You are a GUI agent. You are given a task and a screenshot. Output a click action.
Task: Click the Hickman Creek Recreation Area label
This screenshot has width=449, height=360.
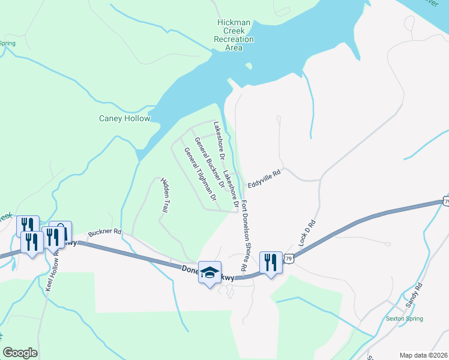[x=234, y=35]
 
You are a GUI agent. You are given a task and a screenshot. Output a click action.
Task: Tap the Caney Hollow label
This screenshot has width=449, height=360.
[x=124, y=118]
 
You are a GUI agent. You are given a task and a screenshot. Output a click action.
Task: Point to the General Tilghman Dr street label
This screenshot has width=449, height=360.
[x=200, y=174]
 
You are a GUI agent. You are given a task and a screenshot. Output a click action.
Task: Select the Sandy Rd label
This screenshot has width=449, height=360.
[x=414, y=295]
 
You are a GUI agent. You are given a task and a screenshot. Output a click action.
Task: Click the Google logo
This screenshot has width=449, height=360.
[x=20, y=353]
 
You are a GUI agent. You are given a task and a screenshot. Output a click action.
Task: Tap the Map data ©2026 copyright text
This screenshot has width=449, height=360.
[x=424, y=355]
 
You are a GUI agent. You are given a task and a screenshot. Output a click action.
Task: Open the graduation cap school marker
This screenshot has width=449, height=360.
[x=209, y=273]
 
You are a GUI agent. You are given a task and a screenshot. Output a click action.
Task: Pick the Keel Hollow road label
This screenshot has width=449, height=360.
[x=51, y=270]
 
